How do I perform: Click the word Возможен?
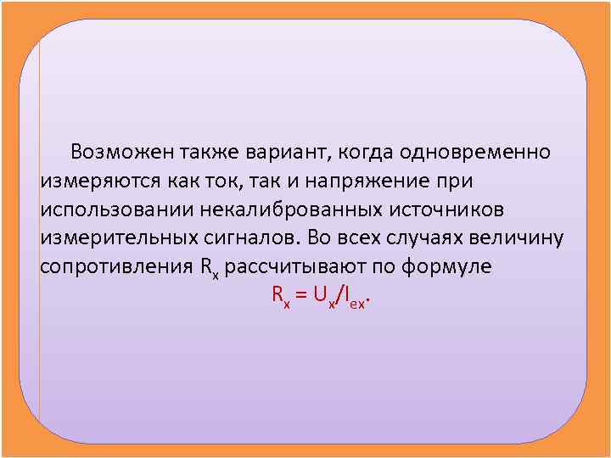pyautogui.click(x=123, y=152)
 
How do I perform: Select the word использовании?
pyautogui.click(x=113, y=209)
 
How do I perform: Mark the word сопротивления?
pyautogui.click(x=116, y=266)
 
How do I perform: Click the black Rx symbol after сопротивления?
pyautogui.click(x=210, y=268)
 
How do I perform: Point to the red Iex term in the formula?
pyautogui.click(x=356, y=298)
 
